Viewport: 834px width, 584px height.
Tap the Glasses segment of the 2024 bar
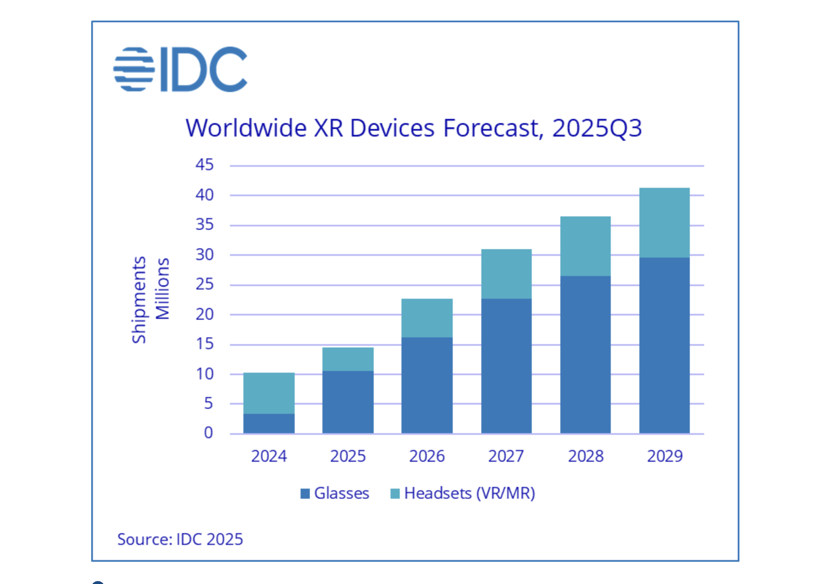point(269,424)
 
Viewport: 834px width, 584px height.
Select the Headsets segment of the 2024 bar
point(269,393)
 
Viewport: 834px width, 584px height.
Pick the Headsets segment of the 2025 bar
point(348,359)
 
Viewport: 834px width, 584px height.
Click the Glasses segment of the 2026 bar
point(427,385)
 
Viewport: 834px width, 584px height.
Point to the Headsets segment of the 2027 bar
point(506,274)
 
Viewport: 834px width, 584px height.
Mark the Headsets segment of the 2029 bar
point(664,223)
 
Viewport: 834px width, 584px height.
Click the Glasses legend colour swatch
point(305,493)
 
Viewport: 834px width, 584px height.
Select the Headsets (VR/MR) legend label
point(469,493)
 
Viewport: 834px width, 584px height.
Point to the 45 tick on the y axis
point(205,165)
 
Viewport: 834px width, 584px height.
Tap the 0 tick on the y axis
point(208,433)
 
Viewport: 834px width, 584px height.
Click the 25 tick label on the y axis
point(205,284)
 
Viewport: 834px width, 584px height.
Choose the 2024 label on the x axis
point(269,456)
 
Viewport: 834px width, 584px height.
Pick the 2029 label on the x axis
point(665,456)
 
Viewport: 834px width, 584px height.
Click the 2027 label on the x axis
point(506,456)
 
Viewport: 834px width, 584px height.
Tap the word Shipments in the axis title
point(139,300)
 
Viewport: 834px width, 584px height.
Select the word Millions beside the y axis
point(162,289)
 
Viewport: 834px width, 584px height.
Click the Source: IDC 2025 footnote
point(180,539)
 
